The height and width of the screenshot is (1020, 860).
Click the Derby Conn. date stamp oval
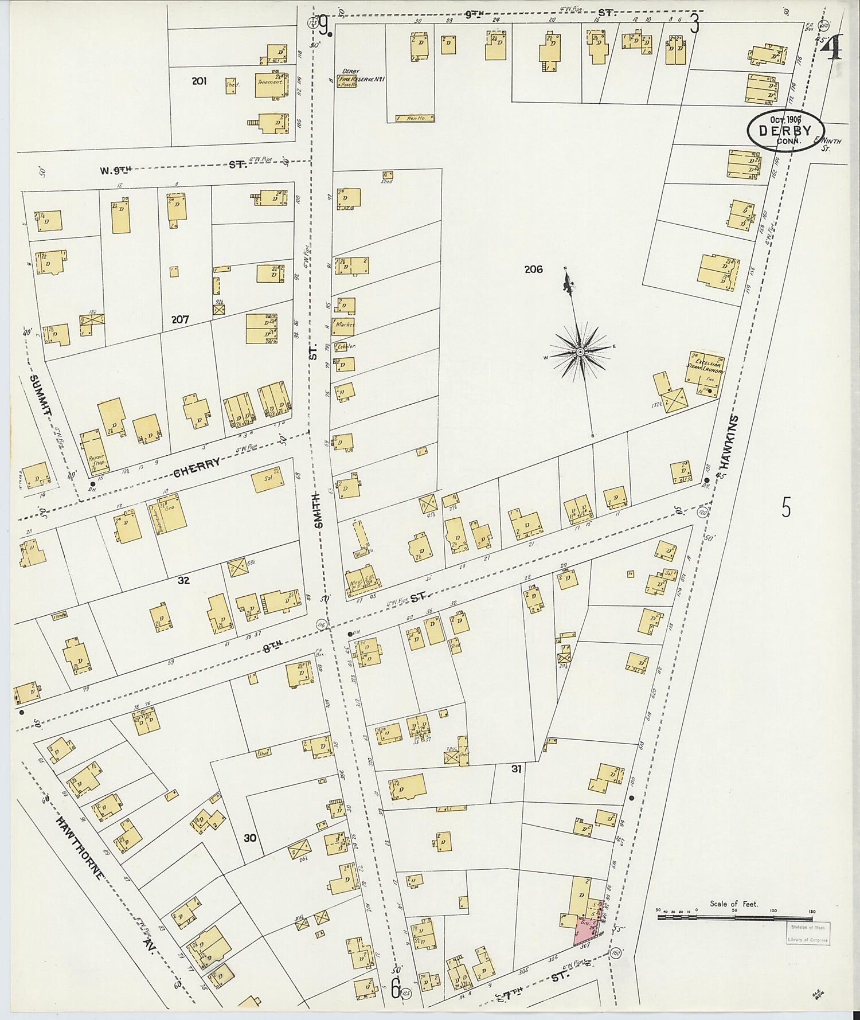pos(785,131)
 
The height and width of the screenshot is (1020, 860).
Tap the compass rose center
pos(580,351)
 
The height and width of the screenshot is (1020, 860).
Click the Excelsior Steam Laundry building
pos(705,372)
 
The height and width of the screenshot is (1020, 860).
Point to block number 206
pos(533,269)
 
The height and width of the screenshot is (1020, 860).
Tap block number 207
pos(180,319)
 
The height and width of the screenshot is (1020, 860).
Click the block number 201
pos(199,81)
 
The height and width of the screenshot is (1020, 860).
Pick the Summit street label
pos(41,395)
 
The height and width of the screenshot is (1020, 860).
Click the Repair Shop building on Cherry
pos(95,453)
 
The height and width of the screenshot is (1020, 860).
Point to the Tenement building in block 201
pos(271,83)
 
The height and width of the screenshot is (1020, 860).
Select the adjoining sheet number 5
pos(786,507)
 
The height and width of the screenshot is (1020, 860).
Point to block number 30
pos(249,838)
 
